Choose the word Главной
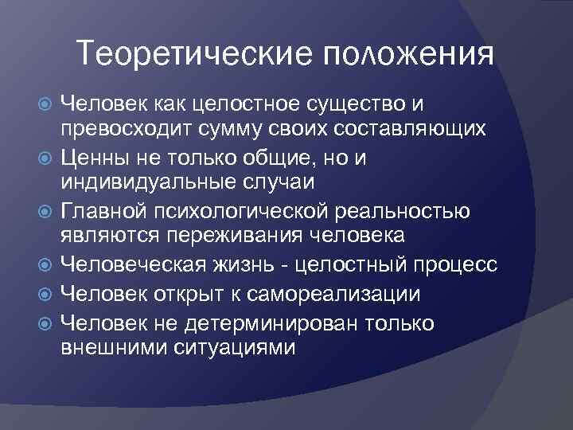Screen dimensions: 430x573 click(103, 210)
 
